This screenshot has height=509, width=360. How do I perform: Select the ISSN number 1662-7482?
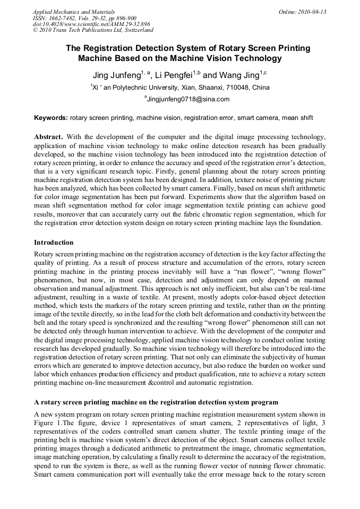[65, 18]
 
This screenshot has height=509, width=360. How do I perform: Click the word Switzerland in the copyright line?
[135, 30]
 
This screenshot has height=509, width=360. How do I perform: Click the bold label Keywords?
[50, 117]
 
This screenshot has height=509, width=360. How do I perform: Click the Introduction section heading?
[54, 242]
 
